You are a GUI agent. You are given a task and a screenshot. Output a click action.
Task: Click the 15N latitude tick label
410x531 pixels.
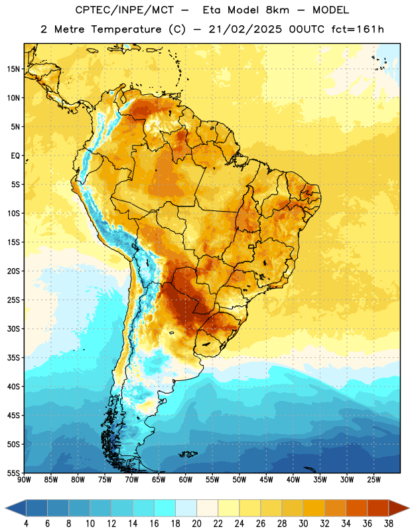[13, 69]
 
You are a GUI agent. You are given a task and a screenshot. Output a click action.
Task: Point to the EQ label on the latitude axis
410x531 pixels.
[15, 156]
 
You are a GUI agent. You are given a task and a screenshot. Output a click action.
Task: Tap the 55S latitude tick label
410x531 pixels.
[13, 473]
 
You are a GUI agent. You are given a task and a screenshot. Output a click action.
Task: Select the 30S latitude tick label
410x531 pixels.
[13, 329]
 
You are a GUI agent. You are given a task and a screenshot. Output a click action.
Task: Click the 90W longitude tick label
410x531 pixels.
[24, 479]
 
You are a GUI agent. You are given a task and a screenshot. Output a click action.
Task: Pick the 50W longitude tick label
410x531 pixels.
[239, 479]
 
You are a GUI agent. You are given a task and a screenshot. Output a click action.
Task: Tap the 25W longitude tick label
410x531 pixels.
[374, 479]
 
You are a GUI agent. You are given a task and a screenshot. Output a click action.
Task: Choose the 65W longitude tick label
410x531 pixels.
[159, 479]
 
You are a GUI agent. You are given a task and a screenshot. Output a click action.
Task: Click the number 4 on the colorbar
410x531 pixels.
[26, 524]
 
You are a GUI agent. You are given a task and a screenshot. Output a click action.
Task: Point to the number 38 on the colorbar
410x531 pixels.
[389, 524]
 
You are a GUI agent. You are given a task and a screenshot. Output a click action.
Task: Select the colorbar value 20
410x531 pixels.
[196, 524]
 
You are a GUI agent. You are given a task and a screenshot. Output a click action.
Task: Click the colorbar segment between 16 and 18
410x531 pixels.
[165, 508]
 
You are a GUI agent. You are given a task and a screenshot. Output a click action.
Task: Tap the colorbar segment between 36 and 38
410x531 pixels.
[378, 508]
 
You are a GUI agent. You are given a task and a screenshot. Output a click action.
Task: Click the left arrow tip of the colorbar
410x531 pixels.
[5, 508]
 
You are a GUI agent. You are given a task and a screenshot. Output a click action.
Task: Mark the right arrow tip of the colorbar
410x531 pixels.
[409, 508]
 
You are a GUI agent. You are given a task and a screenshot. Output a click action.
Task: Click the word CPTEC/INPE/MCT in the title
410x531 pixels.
[124, 10]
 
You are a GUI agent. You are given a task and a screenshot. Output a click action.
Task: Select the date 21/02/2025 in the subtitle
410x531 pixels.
[245, 29]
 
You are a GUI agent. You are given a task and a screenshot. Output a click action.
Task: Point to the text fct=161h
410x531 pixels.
[358, 29]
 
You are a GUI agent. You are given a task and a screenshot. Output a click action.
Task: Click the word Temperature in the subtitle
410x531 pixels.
[126, 30]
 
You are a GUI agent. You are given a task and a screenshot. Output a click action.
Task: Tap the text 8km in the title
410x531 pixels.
[277, 10]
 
